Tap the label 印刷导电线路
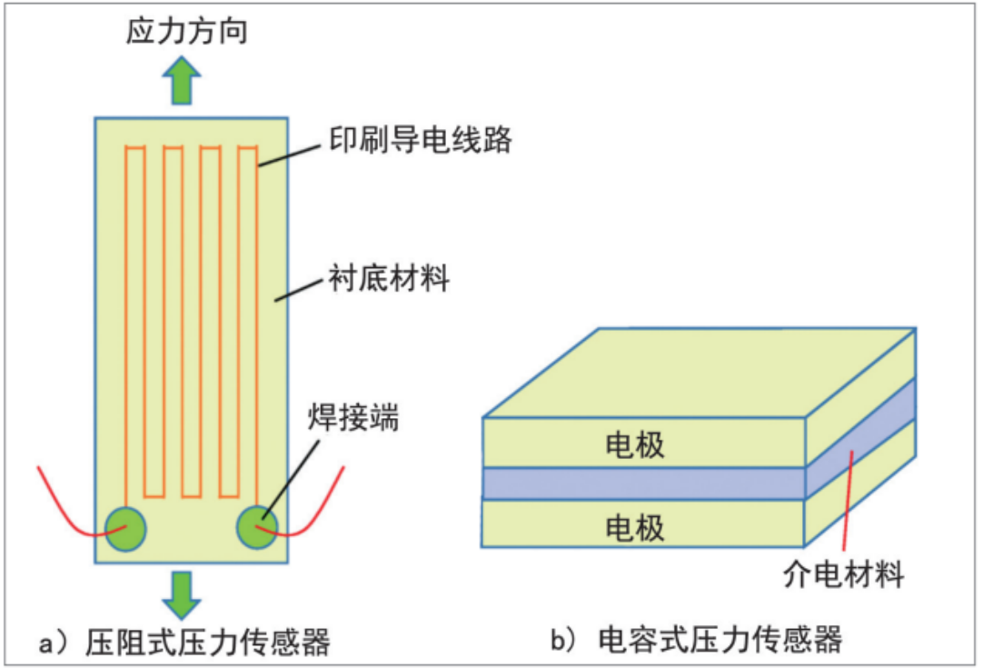tap(420, 141)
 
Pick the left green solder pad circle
tap(125, 528)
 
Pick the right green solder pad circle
tap(257, 528)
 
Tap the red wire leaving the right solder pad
tap(318, 509)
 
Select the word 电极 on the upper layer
tap(634, 445)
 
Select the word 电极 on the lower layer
tap(634, 527)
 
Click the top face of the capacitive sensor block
tap(700, 373)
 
